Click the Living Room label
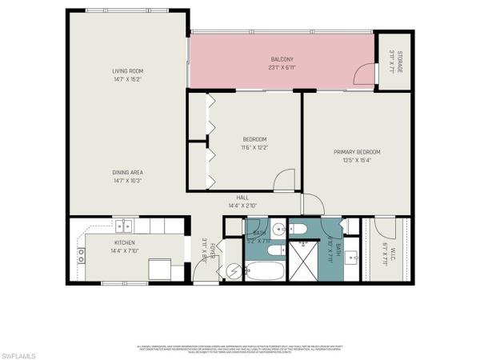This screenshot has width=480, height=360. (127, 71)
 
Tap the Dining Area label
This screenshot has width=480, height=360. (127, 172)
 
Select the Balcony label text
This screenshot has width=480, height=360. (282, 59)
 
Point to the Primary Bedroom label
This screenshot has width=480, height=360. (357, 152)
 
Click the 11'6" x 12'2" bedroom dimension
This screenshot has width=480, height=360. (254, 147)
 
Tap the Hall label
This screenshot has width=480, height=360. (243, 198)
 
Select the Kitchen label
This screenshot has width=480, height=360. (124, 242)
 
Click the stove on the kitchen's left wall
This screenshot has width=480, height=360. (81, 255)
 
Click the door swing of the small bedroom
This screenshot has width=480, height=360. (285, 182)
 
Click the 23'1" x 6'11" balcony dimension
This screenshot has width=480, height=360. (282, 67)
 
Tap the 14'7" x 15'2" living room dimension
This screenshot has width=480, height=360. (127, 79)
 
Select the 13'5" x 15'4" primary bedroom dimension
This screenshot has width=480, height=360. (357, 160)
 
